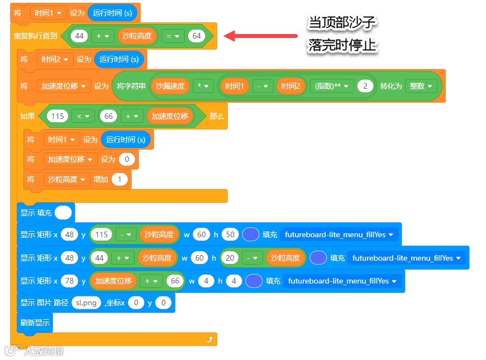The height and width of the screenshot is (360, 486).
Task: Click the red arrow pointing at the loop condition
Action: coord(260,36)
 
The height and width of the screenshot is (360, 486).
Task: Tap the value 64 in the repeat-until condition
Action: coord(196,36)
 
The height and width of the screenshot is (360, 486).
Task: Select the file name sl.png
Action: coord(87,303)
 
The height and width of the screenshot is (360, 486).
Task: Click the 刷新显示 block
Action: coord(35,322)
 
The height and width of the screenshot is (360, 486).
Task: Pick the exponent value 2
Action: coord(365,86)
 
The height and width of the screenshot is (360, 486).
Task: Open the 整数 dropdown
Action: coord(421,86)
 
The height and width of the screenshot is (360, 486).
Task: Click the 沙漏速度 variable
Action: coord(170,86)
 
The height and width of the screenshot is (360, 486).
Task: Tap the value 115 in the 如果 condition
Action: coord(56,116)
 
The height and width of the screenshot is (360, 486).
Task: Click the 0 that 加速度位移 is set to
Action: coord(127,160)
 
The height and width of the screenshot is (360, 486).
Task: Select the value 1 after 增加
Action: coord(120,179)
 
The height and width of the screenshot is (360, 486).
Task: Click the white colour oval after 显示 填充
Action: coord(64,213)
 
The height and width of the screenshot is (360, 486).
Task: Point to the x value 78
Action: coord(70,281)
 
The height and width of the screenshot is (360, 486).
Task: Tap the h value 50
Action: coord(230,234)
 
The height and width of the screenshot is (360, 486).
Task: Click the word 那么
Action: coord(216,116)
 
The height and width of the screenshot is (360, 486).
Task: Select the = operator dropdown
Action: coord(173,36)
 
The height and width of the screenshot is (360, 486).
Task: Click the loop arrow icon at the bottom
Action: coord(209,339)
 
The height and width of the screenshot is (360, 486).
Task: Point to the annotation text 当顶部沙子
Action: coord(342,23)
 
